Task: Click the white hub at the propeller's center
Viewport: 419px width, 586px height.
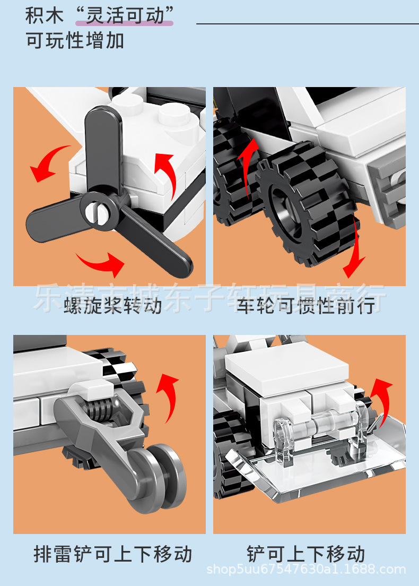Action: [x=98, y=211]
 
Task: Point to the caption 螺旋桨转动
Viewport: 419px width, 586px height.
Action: [x=112, y=306]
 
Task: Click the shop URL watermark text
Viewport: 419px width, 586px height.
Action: [x=306, y=570]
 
